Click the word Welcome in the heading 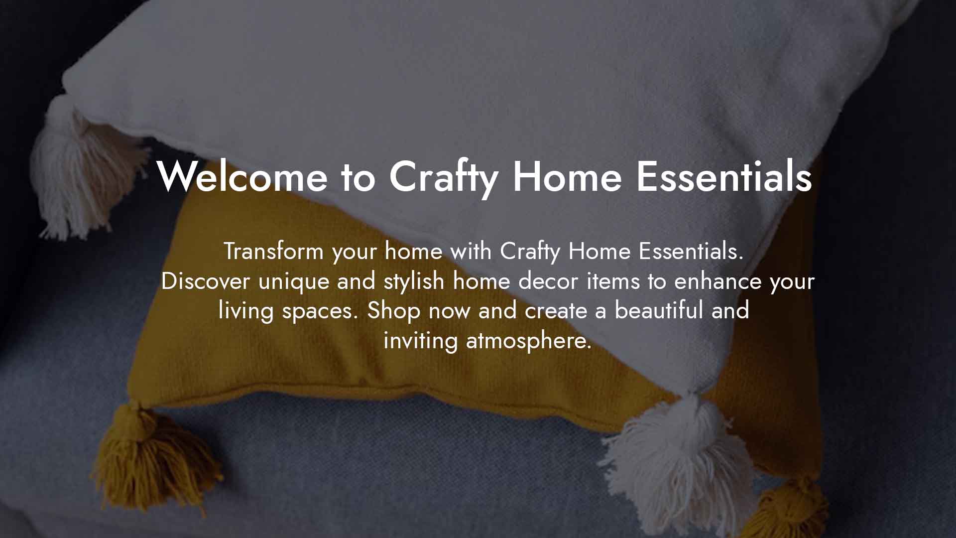(x=242, y=176)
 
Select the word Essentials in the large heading (x=724, y=176)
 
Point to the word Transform (x=274, y=251)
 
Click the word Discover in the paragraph (x=206, y=281)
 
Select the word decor (x=548, y=281)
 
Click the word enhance (x=718, y=281)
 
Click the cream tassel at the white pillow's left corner (x=82, y=169)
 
